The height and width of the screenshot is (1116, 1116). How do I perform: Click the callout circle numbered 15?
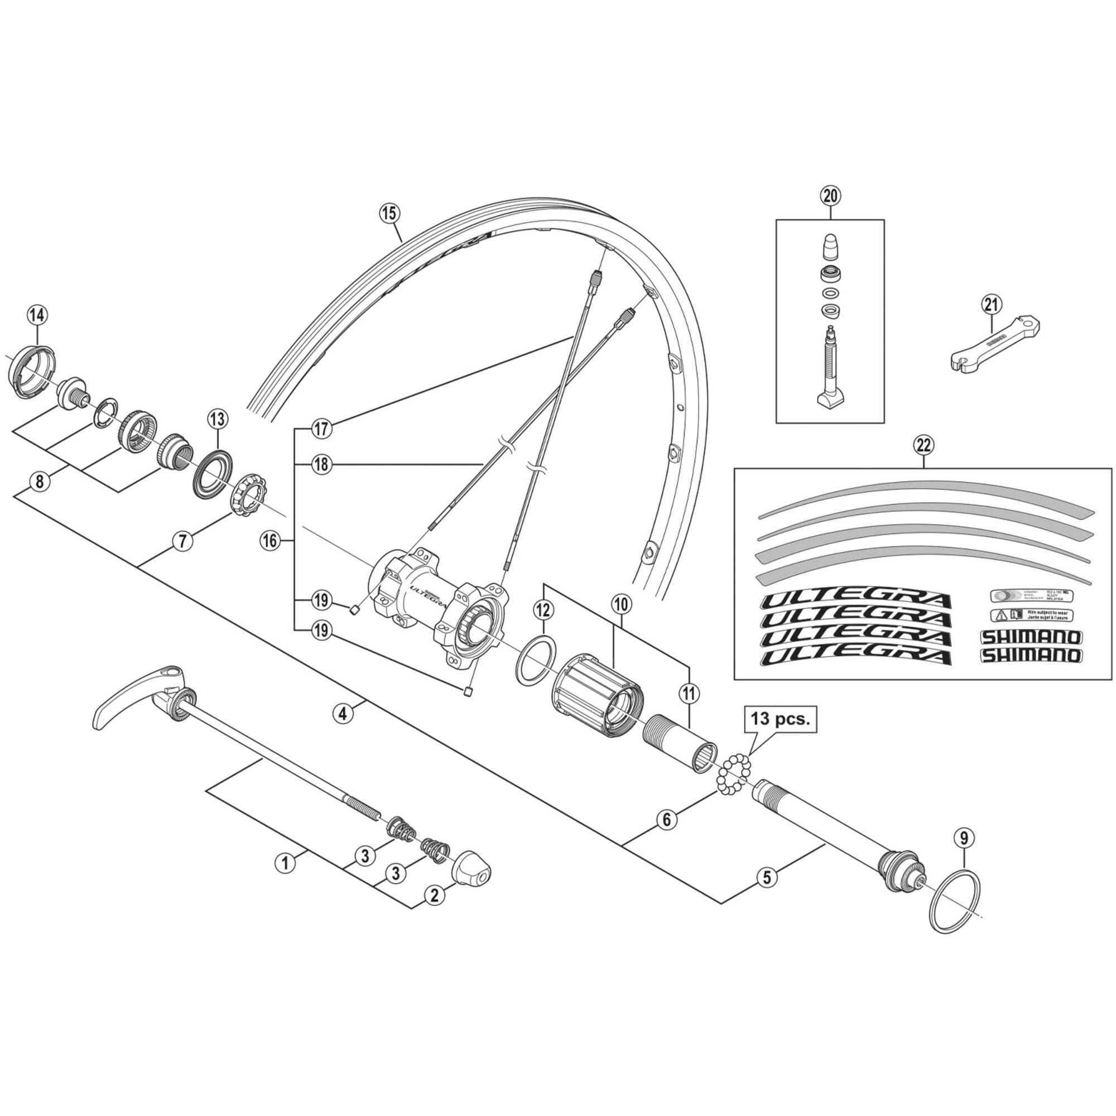point(389,213)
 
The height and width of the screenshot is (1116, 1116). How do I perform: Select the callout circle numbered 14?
point(37,315)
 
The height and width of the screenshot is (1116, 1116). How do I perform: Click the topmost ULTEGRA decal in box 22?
point(855,602)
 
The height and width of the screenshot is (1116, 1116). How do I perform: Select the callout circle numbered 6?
point(667,820)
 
